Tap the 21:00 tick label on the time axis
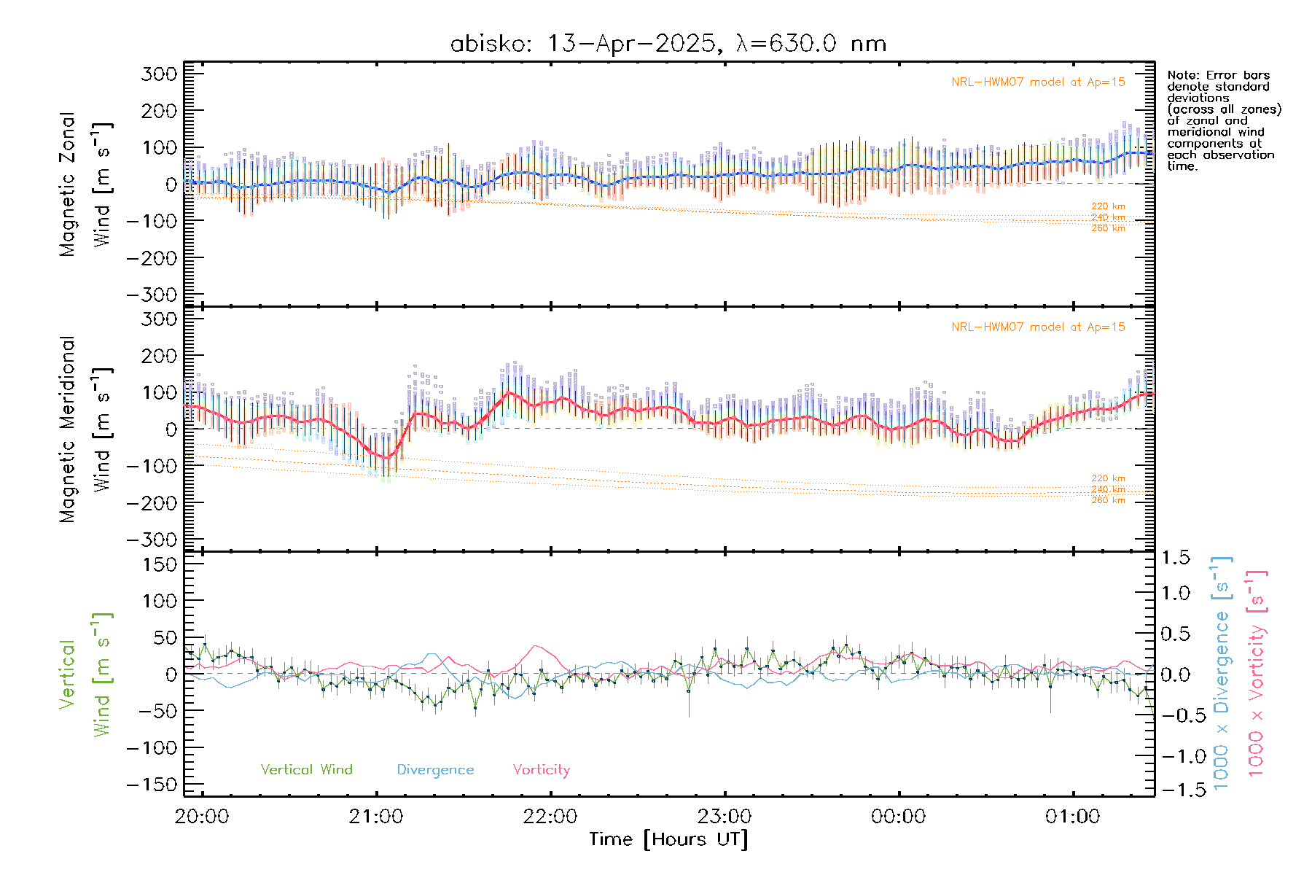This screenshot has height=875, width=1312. click(376, 817)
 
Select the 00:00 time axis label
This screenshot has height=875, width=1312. click(898, 817)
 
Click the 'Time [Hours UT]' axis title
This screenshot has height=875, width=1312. click(668, 839)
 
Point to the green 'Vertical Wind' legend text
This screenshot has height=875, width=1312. click(306, 769)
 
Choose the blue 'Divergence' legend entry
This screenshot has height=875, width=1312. click(435, 770)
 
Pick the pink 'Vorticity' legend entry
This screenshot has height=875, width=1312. click(541, 770)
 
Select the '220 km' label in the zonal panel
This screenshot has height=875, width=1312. click(1108, 206)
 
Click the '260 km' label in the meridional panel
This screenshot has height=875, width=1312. click(1108, 500)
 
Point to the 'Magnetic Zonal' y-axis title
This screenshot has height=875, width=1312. click(68, 184)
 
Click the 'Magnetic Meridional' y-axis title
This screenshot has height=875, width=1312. click(68, 429)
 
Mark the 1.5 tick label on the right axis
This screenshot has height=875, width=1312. click(1176, 558)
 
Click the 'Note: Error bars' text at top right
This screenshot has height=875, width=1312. click(1218, 76)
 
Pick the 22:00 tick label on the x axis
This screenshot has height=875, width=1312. click(550, 817)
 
